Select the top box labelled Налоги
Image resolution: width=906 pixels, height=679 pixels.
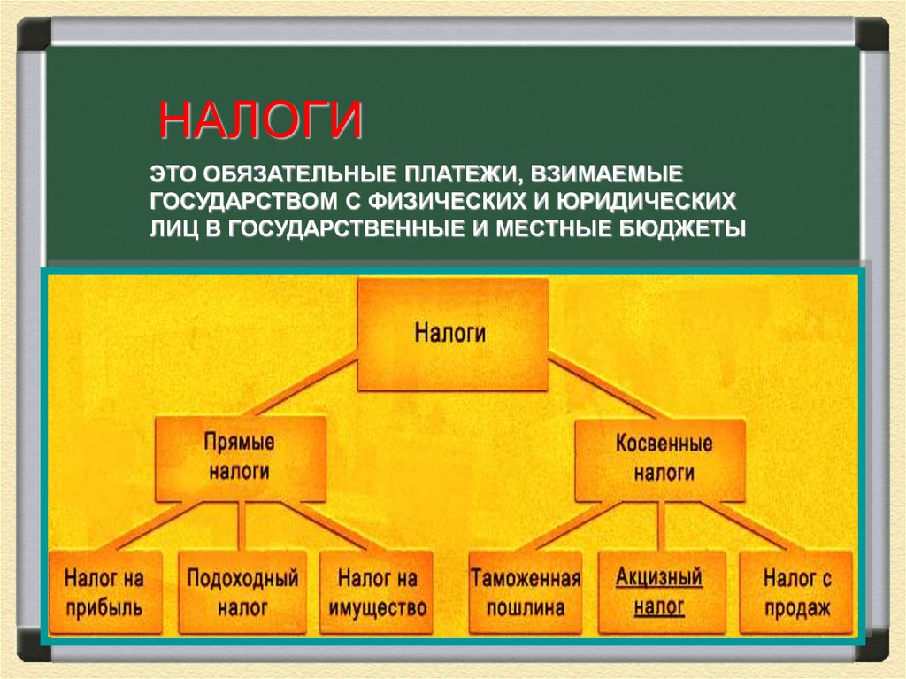coord(450,335)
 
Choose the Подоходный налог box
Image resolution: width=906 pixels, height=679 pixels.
coord(242,593)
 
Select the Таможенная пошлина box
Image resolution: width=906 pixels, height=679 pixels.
coord(525,593)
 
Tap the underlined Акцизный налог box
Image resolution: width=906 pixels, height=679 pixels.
coord(659,593)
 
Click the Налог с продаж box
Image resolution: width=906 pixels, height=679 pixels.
coord(796,593)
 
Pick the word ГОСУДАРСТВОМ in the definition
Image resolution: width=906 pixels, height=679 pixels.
coord(234,198)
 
